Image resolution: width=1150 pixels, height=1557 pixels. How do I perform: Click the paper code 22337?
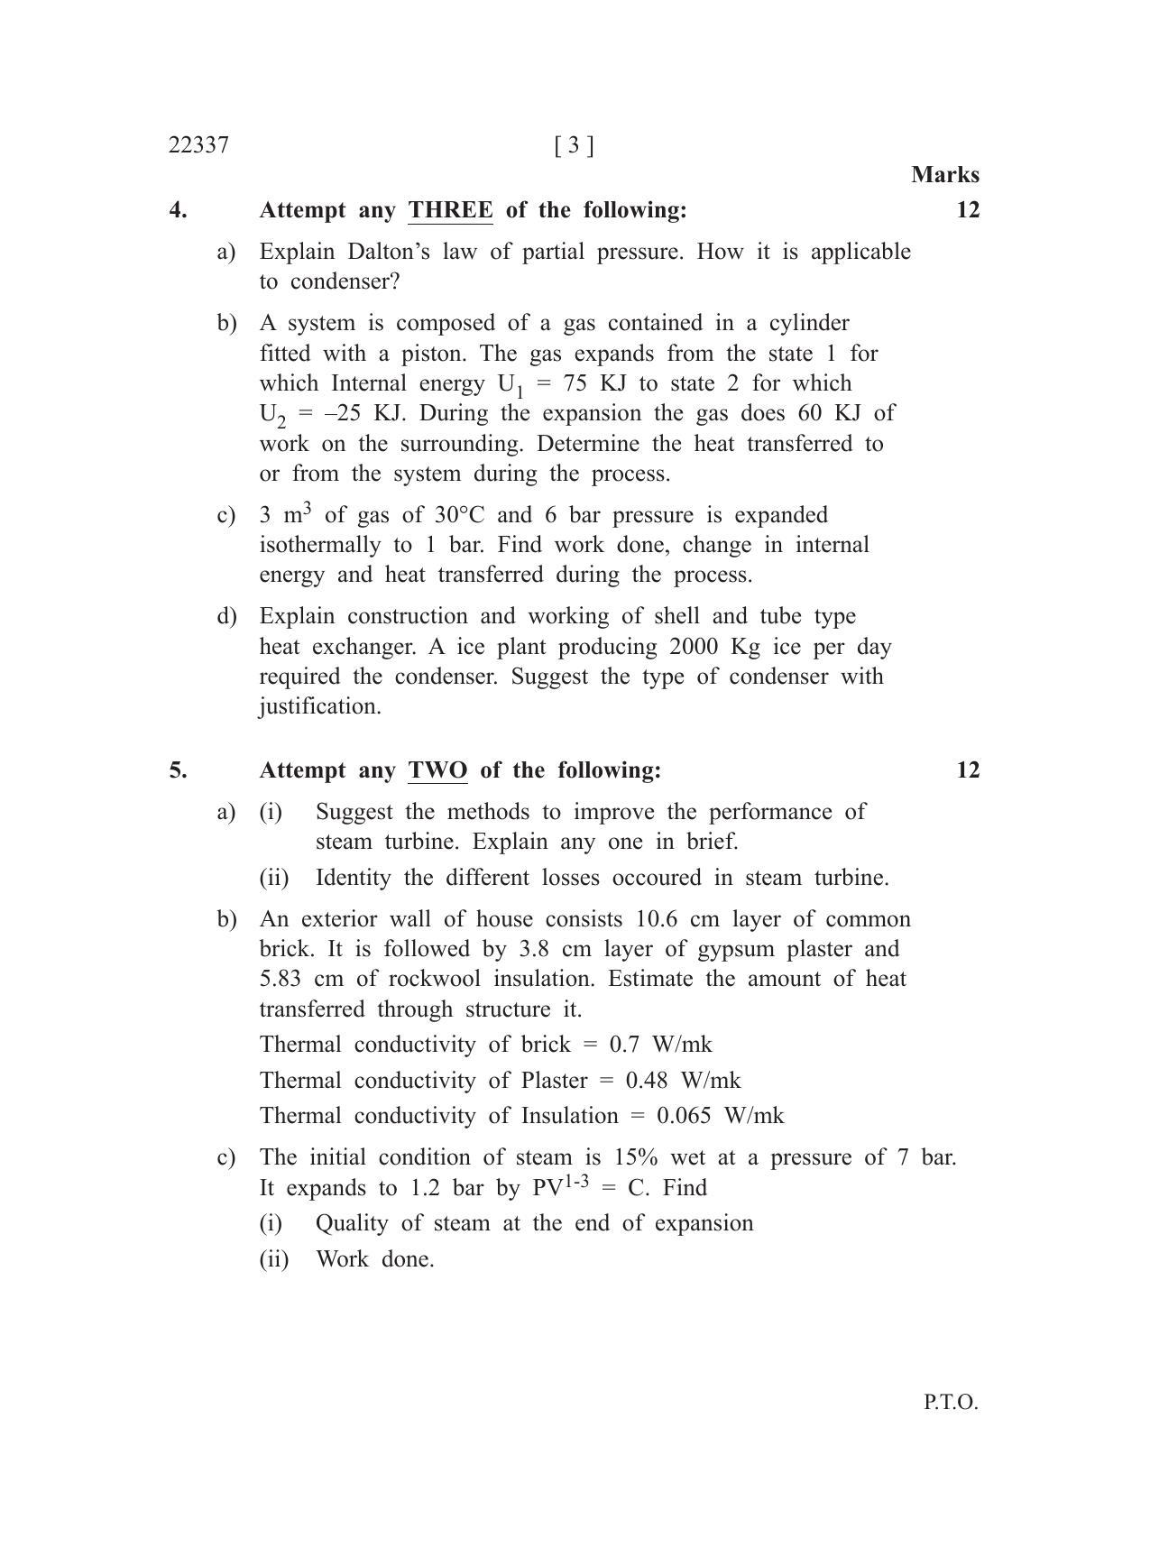198,145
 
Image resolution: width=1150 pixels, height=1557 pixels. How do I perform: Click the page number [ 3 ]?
575,145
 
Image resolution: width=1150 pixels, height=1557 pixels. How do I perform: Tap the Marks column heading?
944,174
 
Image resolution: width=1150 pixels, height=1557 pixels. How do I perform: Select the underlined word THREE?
450,210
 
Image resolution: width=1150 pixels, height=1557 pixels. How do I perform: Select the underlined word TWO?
437,770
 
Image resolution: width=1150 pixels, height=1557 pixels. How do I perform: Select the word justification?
320,706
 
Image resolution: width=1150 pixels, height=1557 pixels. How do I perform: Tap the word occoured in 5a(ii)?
656,878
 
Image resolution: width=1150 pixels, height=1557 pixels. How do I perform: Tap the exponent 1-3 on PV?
576,1180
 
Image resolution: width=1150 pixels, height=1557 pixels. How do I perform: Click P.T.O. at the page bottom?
951,1403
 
